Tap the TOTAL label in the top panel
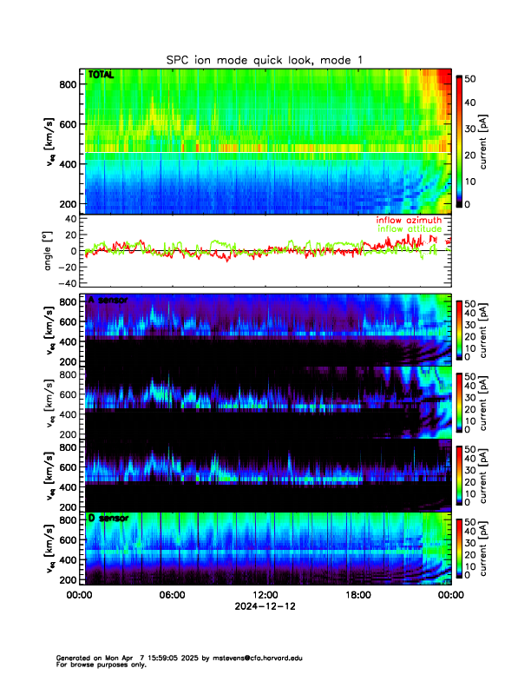pos(101,76)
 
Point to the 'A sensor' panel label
pos(108,301)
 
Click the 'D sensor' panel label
pos(108,519)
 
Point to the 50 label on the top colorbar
pos(470,78)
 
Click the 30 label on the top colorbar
pos(470,129)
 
